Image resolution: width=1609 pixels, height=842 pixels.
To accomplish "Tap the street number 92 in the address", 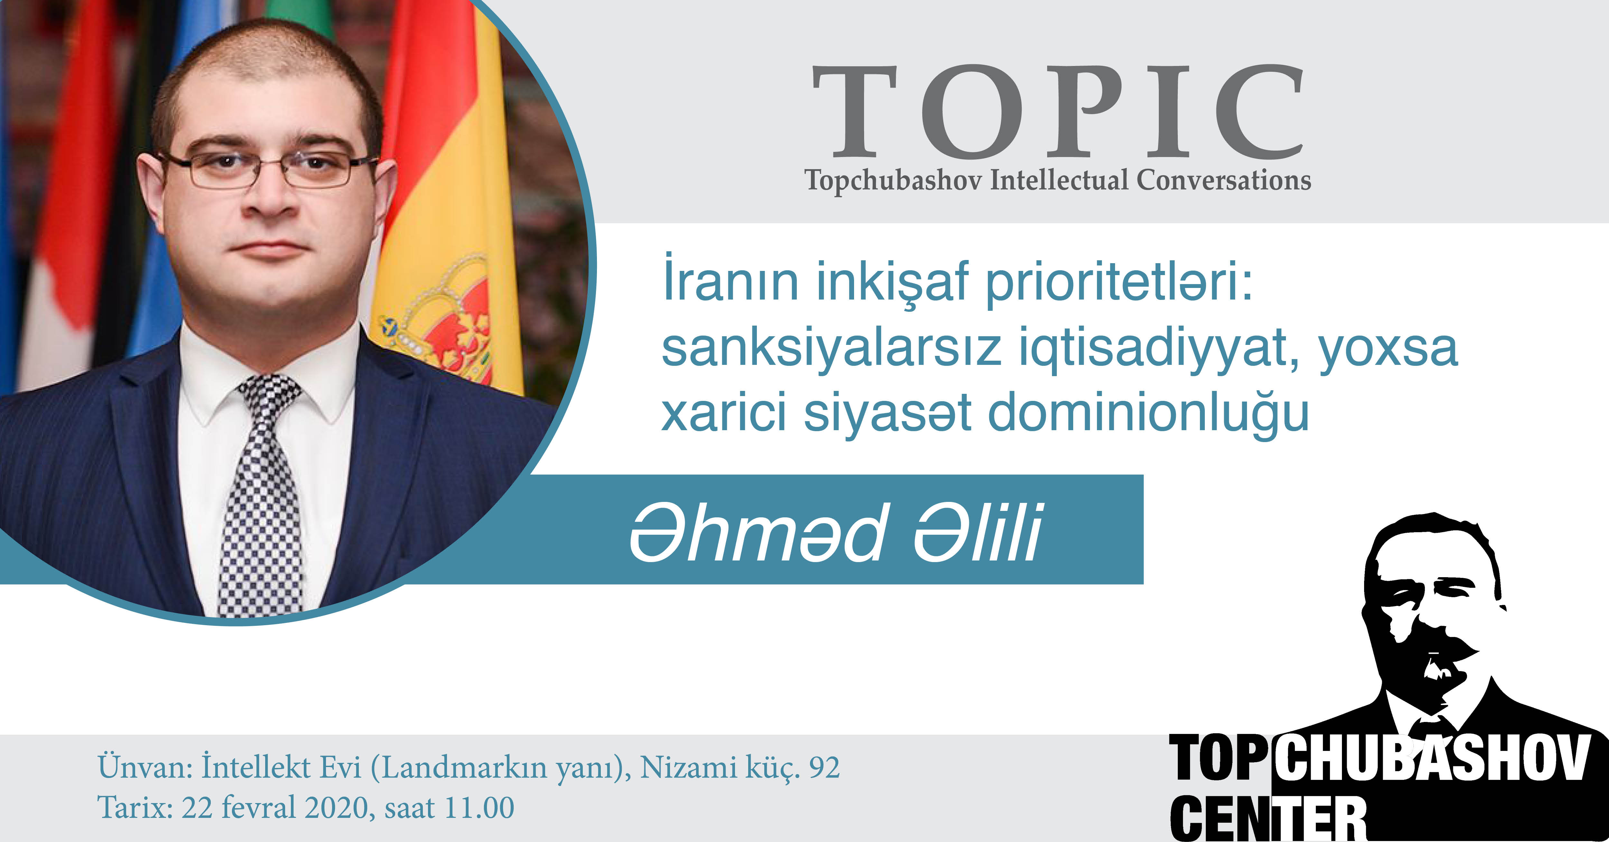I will click(x=824, y=768).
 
